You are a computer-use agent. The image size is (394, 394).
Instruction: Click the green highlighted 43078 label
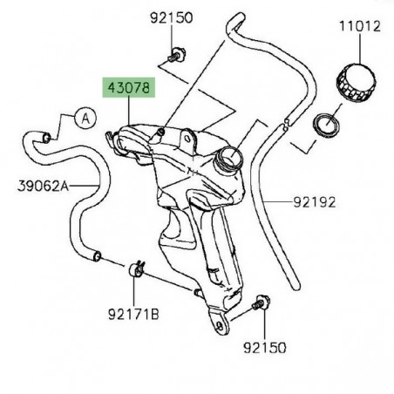(x=129, y=89)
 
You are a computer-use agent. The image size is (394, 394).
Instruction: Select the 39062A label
(x=41, y=185)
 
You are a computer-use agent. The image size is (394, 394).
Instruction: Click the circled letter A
(x=85, y=117)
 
